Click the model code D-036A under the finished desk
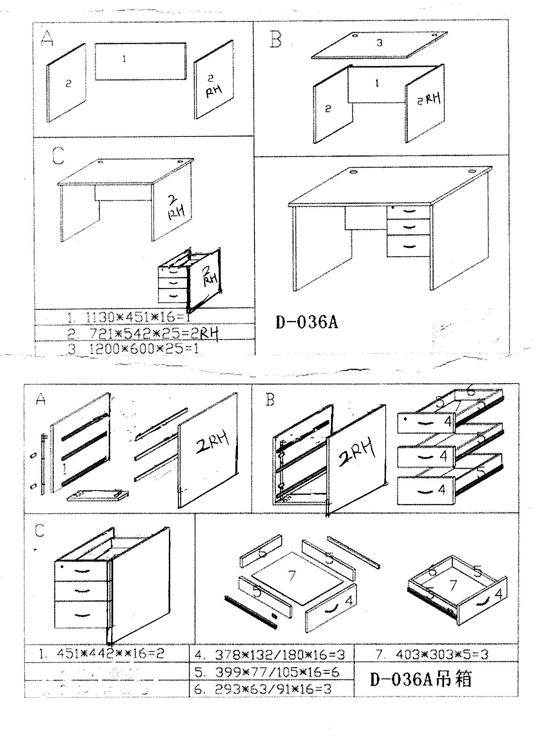pos(306,323)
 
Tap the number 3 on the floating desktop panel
pos(379,43)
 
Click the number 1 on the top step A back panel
pos(124,59)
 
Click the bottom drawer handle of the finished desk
pos(408,247)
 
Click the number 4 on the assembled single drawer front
pos(499,594)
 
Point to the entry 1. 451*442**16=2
pos(102,654)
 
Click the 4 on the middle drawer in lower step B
pos(443,456)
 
